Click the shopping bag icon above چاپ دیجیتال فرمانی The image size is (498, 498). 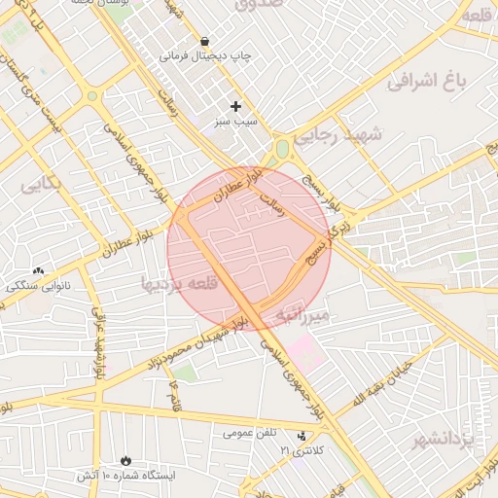(x=204, y=42)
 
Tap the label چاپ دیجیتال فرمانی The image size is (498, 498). (x=205, y=56)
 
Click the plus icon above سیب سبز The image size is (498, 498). (x=235, y=105)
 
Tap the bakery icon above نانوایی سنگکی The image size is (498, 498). (x=38, y=271)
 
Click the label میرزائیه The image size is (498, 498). (x=304, y=316)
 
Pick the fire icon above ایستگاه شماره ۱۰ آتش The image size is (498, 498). (x=125, y=460)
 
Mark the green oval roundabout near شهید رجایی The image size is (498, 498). (x=282, y=150)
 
